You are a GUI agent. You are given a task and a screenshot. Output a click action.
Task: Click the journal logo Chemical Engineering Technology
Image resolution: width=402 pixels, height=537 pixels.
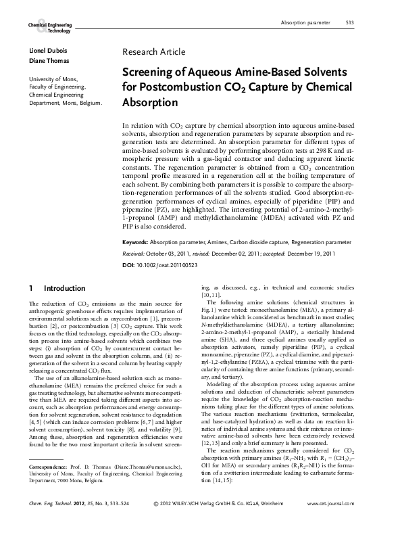coord(49,27)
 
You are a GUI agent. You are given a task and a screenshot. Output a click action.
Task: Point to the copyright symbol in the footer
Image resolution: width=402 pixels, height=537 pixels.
coord(156,523)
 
